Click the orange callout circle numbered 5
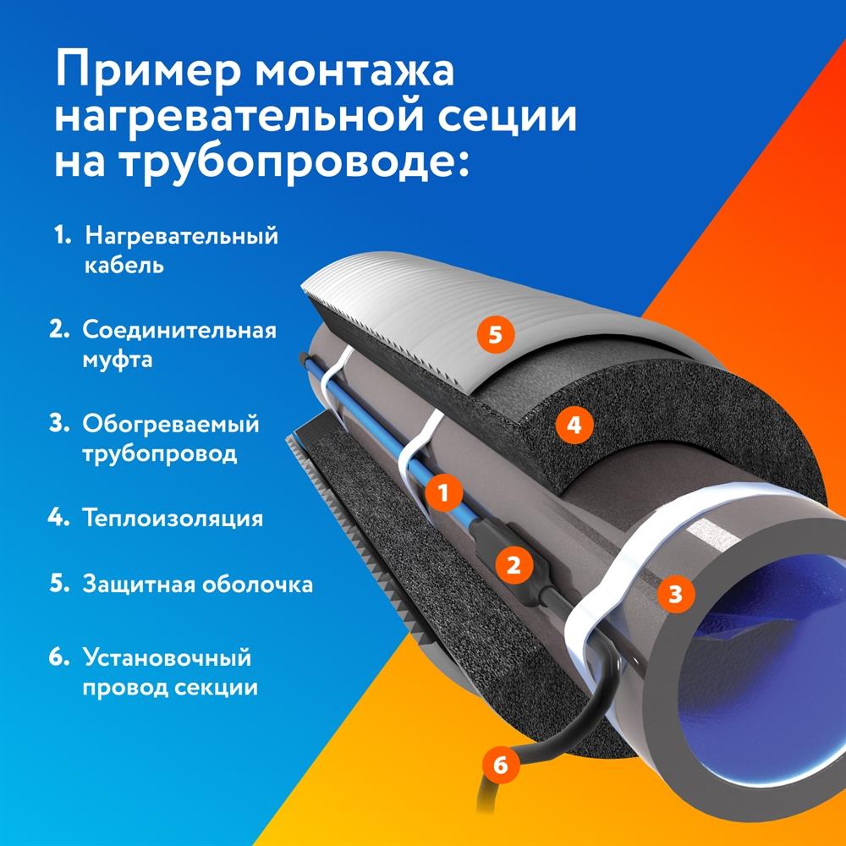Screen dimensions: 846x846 [x=496, y=334]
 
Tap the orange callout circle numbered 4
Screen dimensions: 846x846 [x=574, y=425]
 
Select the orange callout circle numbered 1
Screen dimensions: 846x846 [x=444, y=490]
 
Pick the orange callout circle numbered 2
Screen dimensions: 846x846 [x=514, y=564]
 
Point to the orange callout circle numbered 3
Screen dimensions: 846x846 [x=674, y=593]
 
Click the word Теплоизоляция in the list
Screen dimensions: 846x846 [x=173, y=518]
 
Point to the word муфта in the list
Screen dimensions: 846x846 [x=118, y=360]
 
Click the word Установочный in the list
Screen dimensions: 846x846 [x=168, y=657]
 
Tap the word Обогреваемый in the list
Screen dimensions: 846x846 [x=171, y=423]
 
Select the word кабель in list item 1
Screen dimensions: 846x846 [x=124, y=265]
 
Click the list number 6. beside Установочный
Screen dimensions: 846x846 [x=60, y=657]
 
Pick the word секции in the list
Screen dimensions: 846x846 [x=215, y=687]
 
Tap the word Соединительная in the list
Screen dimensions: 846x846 [x=179, y=329]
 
